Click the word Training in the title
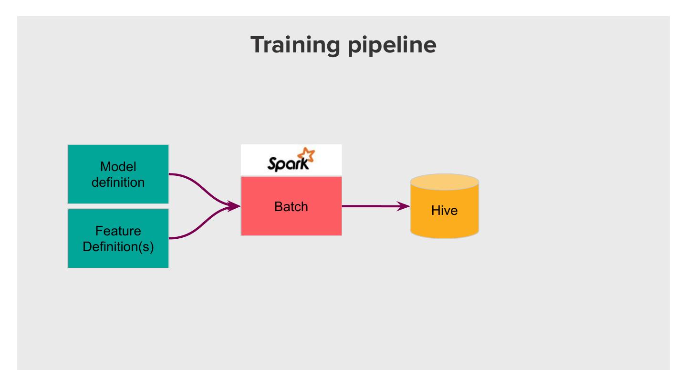click(x=292, y=45)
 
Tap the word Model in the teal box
click(x=118, y=167)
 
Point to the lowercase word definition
click(x=118, y=182)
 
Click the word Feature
click(x=118, y=231)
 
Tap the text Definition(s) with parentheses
click(x=118, y=247)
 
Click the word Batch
click(x=291, y=207)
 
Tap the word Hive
click(x=444, y=211)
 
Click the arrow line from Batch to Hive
click(x=372, y=206)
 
